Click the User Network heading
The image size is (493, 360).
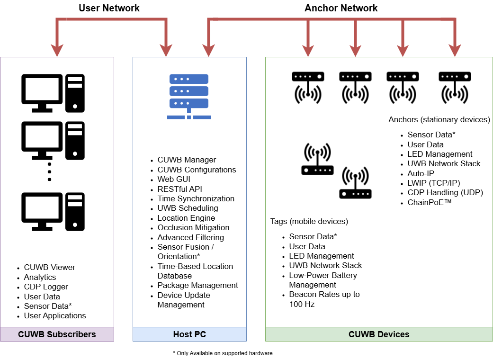coord(109,8)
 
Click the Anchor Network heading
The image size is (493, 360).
coord(341,8)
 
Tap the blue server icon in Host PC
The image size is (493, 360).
coord(189,96)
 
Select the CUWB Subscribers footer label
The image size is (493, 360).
coord(57,334)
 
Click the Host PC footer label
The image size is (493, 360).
coord(189,334)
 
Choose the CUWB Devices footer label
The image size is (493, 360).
coord(379,334)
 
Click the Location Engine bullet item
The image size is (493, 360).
coord(186,218)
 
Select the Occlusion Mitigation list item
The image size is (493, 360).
coord(193,227)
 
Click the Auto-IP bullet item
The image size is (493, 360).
coord(421,173)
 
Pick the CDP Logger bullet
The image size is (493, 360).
coord(46,287)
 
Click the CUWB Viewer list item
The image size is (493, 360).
coord(49,267)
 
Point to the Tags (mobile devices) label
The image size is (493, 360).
coord(309,221)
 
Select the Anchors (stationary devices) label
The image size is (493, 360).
coord(439,119)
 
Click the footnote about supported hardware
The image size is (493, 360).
coord(223,353)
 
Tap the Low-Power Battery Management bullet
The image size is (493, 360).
coord(323,280)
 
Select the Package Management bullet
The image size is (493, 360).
coord(197,285)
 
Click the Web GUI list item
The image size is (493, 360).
coord(174,179)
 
